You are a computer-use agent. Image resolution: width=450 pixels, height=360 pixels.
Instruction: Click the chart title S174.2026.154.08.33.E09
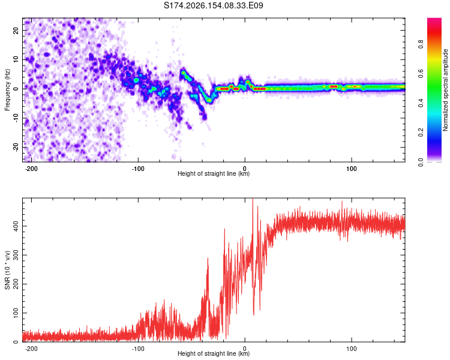pos(213,5)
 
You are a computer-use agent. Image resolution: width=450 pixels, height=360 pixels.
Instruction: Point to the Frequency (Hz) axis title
pos(7,90)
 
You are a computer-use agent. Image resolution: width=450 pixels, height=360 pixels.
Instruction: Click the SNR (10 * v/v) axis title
pos(7,270)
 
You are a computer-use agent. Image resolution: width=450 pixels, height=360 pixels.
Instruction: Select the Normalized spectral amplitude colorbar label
pos(445,90)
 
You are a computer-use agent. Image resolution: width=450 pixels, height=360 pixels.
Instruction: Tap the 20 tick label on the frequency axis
pos(16,31)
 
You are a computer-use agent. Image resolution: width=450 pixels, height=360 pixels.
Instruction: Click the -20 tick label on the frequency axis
pos(16,147)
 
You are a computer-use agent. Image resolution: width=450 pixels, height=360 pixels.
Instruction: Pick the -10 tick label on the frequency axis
pos(16,118)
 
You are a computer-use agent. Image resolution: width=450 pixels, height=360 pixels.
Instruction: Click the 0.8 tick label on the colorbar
pos(421,44)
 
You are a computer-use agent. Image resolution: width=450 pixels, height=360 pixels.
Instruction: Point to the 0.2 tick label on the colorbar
pos(421,133)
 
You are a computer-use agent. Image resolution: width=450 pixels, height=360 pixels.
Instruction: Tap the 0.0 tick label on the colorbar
pos(421,162)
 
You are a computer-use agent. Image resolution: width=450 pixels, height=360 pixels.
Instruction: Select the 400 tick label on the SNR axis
pos(16,226)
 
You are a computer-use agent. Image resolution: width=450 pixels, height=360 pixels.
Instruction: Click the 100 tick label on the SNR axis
pos(16,313)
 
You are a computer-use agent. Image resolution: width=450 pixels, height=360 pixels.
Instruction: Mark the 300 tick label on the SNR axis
pos(16,255)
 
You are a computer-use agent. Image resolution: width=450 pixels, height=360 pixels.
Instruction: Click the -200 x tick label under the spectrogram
pos(31,169)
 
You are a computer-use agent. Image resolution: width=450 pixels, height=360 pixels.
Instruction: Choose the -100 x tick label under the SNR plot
pos(138,349)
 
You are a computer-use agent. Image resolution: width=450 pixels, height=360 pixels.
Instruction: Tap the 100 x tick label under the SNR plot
pos(351,349)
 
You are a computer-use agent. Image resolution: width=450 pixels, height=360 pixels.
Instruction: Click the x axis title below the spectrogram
pos(214,173)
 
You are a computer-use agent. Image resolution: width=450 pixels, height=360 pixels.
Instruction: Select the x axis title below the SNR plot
pos(214,353)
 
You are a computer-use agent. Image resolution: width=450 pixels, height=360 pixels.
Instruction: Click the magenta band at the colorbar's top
pos(434,20)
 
